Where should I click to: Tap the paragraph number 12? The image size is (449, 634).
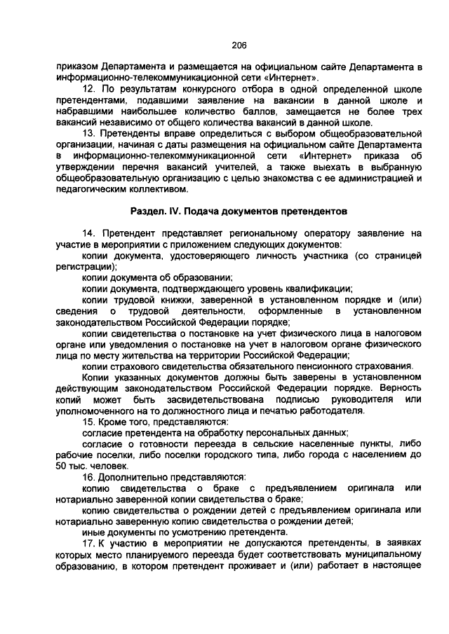click(x=88, y=89)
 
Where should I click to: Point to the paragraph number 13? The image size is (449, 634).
click(x=88, y=133)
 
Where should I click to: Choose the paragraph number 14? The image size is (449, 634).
click(x=88, y=233)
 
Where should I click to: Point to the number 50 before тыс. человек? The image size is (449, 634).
click(x=61, y=465)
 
